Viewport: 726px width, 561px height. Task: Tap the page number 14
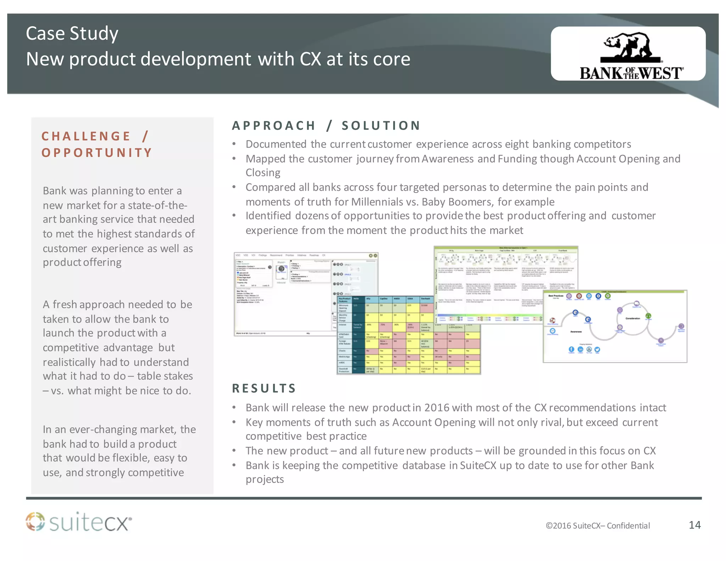(x=694, y=525)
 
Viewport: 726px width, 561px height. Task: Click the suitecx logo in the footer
(x=79, y=522)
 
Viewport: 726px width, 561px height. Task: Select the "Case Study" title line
(x=72, y=34)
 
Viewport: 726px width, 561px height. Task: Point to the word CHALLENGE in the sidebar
(x=86, y=136)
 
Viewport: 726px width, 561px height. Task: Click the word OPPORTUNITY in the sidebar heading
(x=97, y=153)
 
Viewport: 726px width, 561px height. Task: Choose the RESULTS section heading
(x=264, y=388)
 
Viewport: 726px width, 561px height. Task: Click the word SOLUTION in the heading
(x=381, y=126)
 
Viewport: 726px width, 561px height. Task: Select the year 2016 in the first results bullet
(x=436, y=408)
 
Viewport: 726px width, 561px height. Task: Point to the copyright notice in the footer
(x=598, y=526)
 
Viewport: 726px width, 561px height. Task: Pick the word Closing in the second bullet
(x=263, y=173)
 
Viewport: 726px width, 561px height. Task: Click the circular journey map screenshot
(x=615, y=326)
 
